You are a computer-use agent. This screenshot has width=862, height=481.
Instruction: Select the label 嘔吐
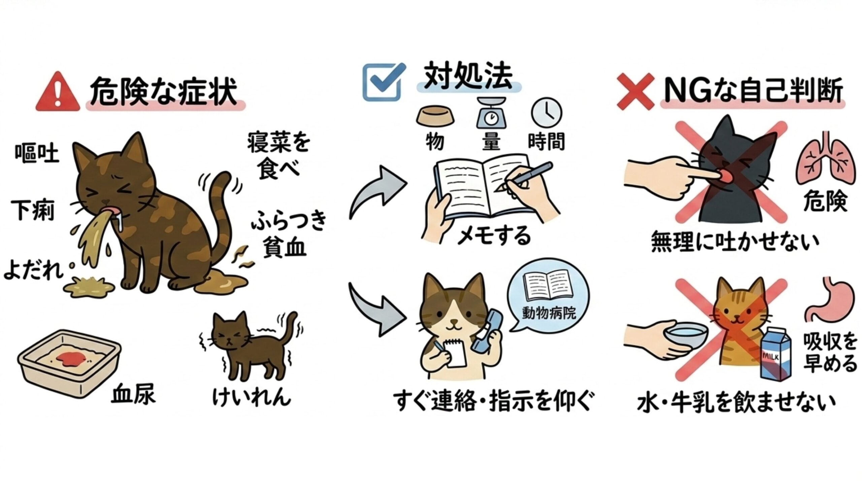37,154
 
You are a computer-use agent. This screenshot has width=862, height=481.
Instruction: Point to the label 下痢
33,210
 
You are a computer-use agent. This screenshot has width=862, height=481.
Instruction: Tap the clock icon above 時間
546,113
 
